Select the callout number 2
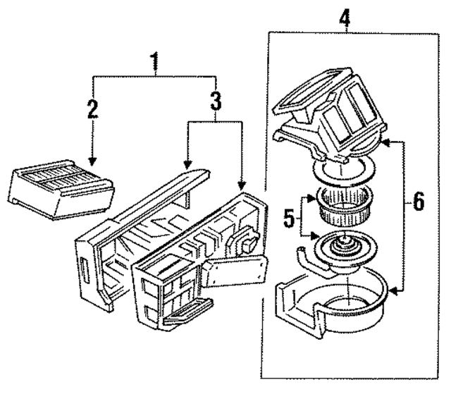point(92,109)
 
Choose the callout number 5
point(288,219)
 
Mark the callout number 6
point(418,203)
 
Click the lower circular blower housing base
point(331,303)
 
